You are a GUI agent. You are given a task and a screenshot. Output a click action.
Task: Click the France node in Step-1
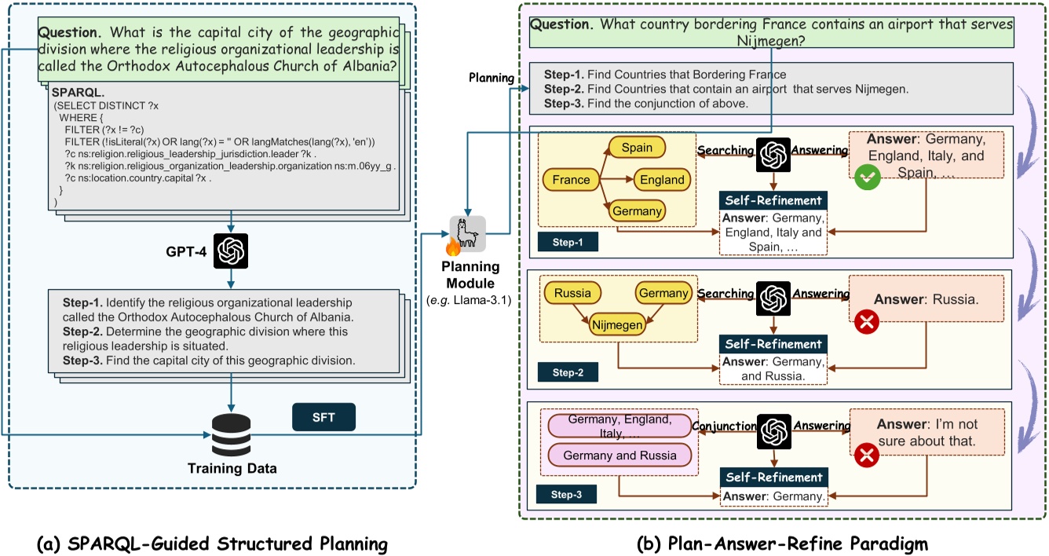[571, 180]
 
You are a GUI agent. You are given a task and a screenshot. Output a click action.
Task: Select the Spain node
[636, 148]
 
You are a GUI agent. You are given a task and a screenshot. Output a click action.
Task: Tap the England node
[661, 180]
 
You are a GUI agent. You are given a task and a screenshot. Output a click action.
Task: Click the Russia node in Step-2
[572, 294]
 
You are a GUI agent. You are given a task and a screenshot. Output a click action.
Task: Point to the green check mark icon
[867, 177]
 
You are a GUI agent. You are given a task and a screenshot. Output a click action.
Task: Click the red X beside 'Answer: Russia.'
[867, 321]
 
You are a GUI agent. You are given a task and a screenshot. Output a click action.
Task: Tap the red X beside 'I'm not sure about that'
[867, 456]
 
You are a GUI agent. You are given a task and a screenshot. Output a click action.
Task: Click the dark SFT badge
[323, 417]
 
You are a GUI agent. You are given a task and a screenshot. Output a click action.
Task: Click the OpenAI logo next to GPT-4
[231, 252]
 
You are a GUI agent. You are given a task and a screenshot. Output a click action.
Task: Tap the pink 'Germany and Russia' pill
[619, 455]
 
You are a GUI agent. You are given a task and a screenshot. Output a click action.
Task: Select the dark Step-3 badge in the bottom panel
[566, 494]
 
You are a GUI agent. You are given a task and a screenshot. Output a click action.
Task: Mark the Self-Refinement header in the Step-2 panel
[773, 344]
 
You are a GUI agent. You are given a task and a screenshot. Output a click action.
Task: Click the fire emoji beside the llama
[453, 247]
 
